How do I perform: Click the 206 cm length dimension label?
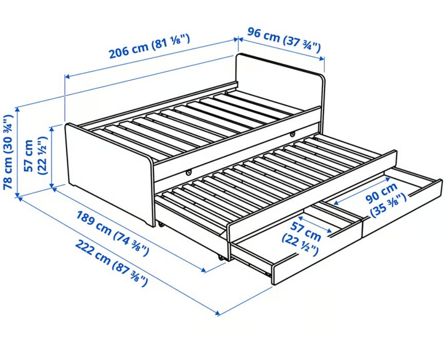(149, 46)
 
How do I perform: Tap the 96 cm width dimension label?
(284, 40)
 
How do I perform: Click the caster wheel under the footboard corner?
(161, 225)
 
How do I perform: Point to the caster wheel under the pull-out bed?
(221, 257)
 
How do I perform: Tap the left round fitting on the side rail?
(189, 173)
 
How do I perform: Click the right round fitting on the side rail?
(292, 133)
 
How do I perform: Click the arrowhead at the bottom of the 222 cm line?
(218, 313)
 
